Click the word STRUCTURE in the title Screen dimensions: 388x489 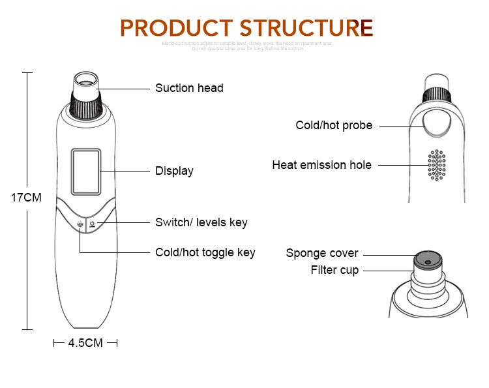tap(306, 28)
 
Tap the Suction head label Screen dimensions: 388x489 tap(189, 88)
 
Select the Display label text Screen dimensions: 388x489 tap(174, 172)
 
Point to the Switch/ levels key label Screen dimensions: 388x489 tap(201, 222)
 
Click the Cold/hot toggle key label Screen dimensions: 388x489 tap(205, 252)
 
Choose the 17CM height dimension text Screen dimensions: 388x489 tap(27, 197)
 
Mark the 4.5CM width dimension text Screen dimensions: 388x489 tap(85, 342)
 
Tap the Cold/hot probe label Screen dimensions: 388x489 tap(334, 125)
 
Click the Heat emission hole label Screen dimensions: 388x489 tap(321, 165)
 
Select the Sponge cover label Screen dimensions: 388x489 tap(322, 253)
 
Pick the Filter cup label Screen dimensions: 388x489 tap(334, 270)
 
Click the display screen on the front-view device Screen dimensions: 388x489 tap(86, 171)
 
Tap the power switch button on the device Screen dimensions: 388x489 tap(92, 225)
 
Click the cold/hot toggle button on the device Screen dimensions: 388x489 tap(80, 225)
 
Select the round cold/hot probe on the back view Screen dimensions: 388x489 tap(436, 122)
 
